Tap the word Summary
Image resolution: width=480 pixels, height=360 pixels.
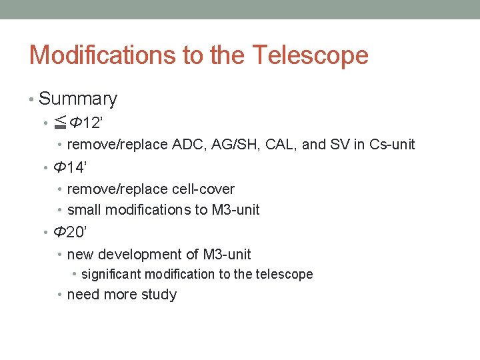78,99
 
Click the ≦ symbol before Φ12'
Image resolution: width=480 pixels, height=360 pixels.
60,123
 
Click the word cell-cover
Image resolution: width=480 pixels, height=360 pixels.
201,189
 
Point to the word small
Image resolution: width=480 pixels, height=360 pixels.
84,210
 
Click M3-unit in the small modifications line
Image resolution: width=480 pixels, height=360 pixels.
235,210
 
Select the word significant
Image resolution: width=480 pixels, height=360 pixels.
111,275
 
